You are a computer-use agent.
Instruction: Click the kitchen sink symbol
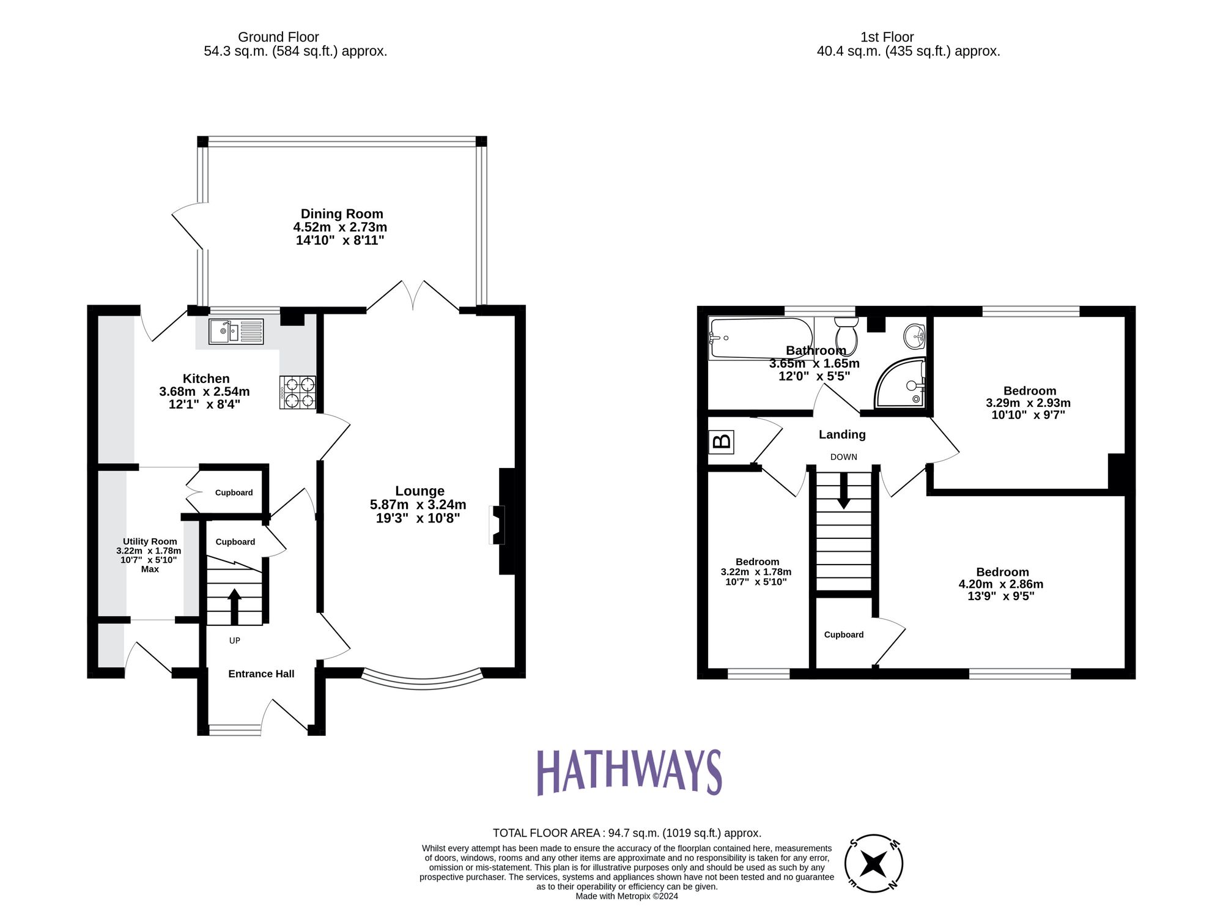pos(235,332)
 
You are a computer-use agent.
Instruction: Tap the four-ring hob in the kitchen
pos(298,392)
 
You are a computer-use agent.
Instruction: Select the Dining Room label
pos(342,214)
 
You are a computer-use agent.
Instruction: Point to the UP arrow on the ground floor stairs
pos(234,606)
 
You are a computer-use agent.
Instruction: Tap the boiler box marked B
pos(722,441)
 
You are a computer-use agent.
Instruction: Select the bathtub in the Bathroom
pos(760,338)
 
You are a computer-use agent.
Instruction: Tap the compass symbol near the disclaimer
pos(873,864)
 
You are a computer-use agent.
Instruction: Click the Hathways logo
pos(629,772)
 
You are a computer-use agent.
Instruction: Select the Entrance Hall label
pos(261,674)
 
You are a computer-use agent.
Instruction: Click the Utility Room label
pos(150,541)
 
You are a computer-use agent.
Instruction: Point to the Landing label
pos(842,434)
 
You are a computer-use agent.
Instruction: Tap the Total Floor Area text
pos(627,833)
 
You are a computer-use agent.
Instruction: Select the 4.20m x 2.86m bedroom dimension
pos(1001,584)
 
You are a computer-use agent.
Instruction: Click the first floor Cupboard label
pos(843,635)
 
